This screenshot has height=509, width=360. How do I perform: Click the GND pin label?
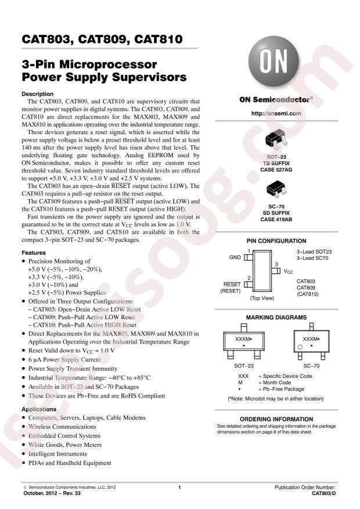pyautogui.click(x=235, y=256)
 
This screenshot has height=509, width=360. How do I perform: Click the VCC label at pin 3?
pyautogui.click(x=288, y=270)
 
